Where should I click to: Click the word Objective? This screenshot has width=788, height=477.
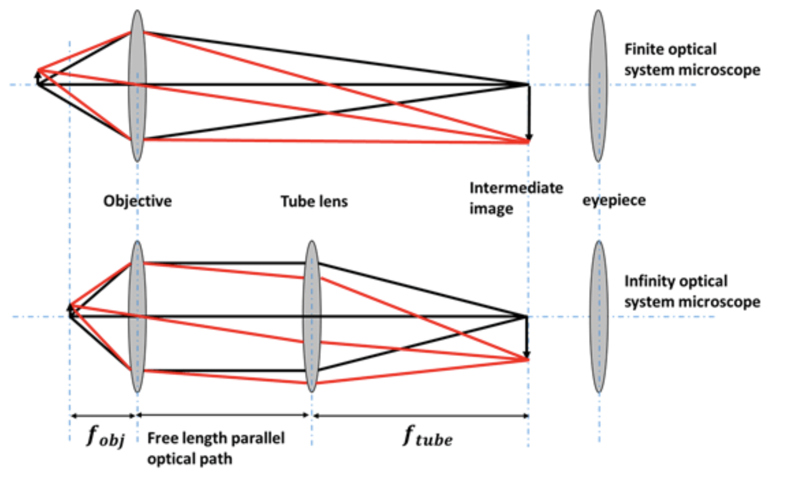click(137, 201)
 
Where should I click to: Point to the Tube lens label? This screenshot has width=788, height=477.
click(314, 201)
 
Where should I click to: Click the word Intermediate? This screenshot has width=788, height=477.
click(516, 188)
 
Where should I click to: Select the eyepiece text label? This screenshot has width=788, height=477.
click(614, 201)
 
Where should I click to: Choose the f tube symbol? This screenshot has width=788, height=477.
click(428, 437)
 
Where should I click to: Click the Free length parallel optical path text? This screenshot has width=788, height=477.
click(215, 448)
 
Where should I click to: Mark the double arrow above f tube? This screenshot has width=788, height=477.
click(421, 416)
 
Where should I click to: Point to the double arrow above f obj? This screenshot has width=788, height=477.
click(103, 416)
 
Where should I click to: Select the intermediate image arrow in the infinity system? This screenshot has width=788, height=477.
click(526, 338)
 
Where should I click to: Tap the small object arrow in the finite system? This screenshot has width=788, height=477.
click(37, 78)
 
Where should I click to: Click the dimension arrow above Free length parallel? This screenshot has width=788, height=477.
click(223, 415)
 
